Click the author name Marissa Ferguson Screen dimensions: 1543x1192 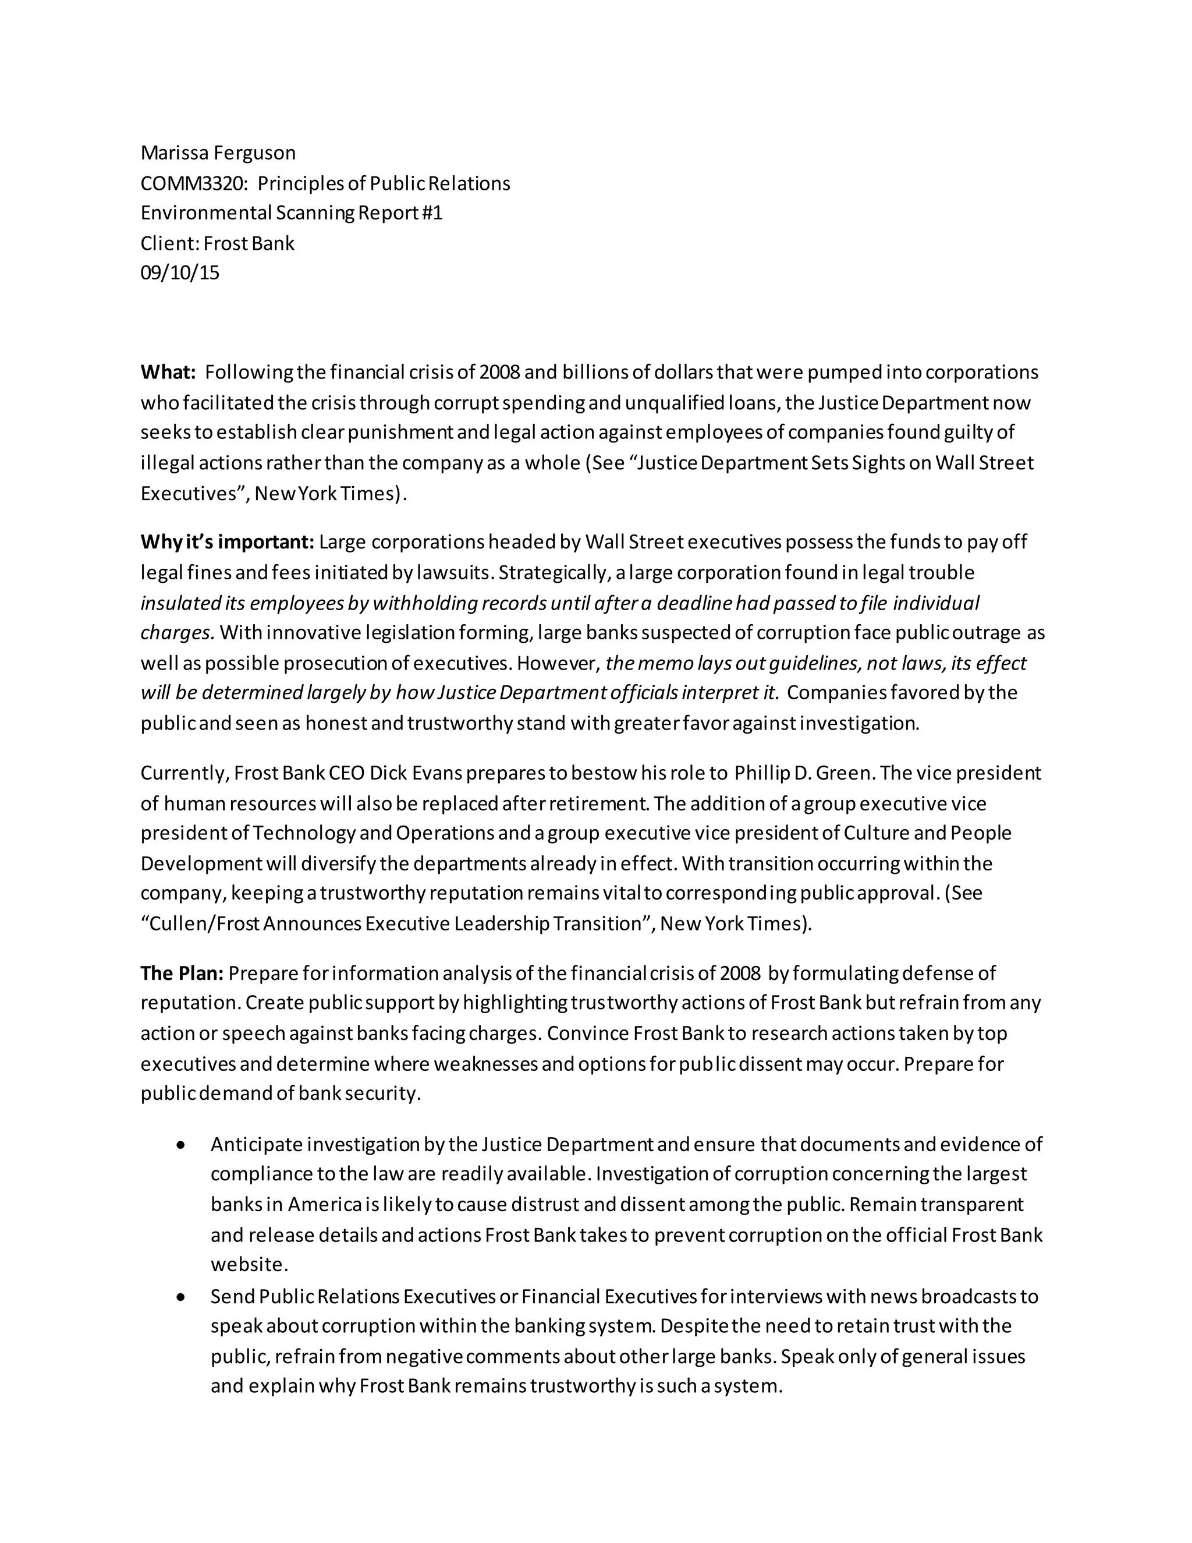point(218,153)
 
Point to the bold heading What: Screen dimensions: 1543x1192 point(168,371)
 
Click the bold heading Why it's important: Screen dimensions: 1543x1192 point(226,542)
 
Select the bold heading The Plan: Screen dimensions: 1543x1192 point(182,973)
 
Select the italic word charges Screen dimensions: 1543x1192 point(176,632)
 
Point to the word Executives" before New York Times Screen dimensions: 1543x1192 point(192,493)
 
